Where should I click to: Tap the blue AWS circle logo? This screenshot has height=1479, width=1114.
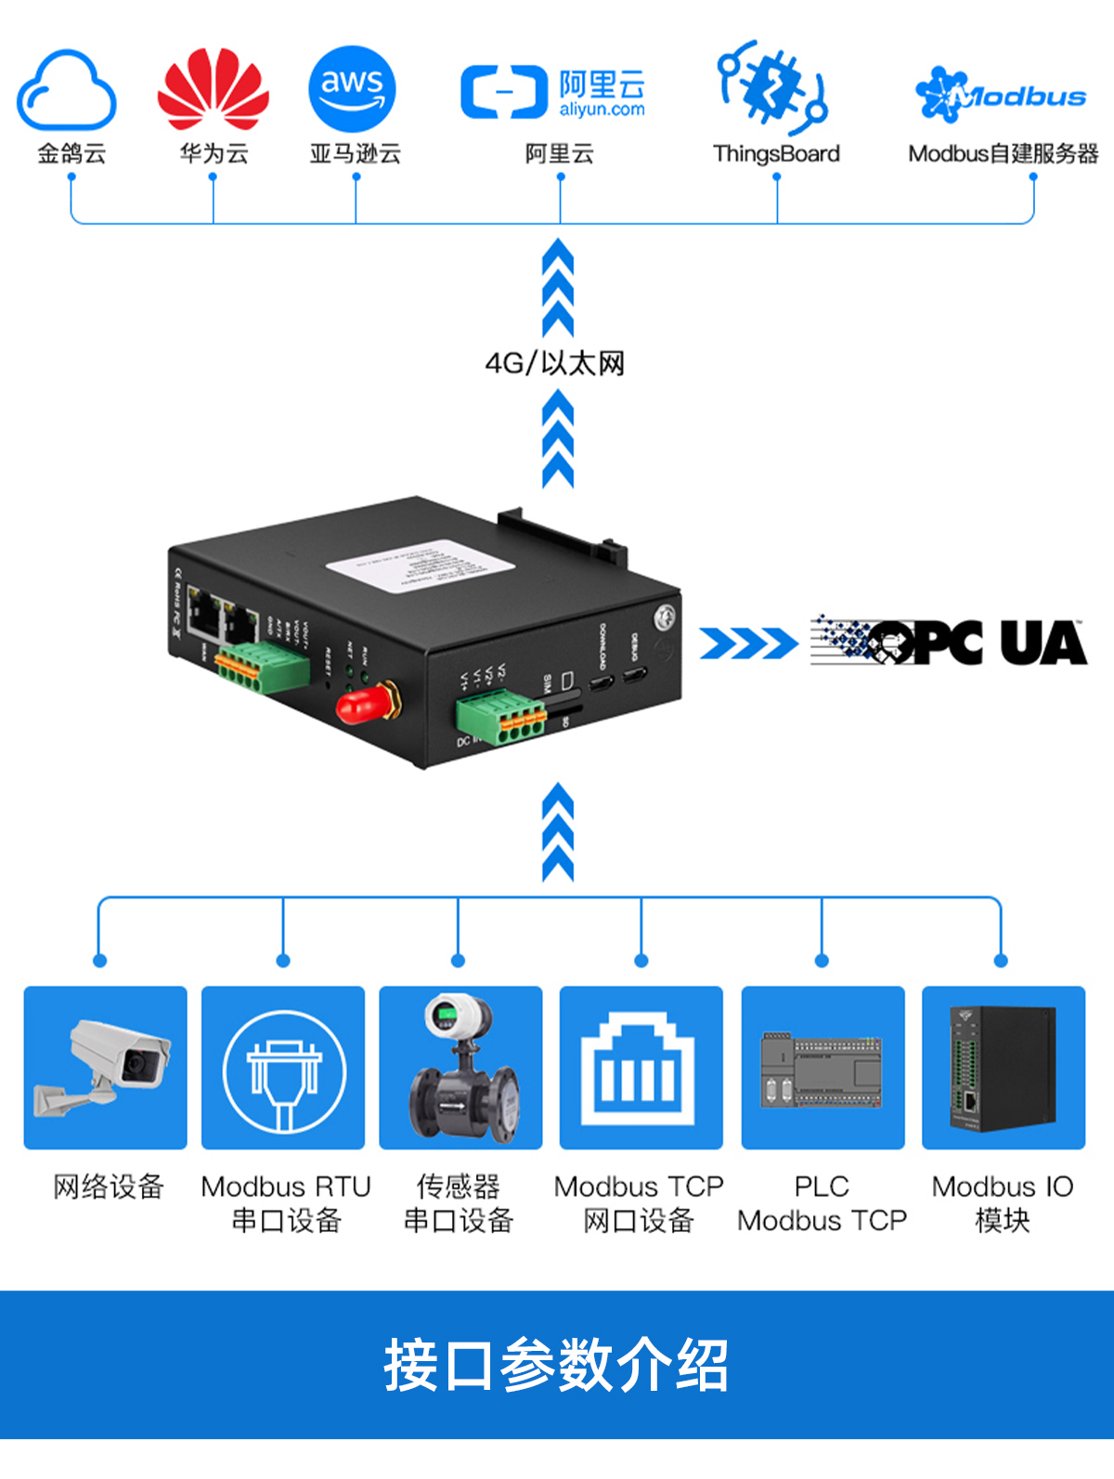[353, 89]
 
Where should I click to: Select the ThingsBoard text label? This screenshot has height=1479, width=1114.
[776, 154]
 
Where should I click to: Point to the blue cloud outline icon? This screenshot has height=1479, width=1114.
[67, 91]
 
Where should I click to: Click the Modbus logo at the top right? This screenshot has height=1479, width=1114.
[1000, 95]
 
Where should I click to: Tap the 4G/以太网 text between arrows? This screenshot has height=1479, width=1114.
[555, 363]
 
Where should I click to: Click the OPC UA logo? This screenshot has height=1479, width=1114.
[948, 642]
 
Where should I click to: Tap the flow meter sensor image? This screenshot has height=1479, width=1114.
[461, 1068]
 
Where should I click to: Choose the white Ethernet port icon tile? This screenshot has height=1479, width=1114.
[641, 1068]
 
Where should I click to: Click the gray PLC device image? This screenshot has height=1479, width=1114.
[823, 1070]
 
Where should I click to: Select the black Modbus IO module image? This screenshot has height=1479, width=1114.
[1003, 1068]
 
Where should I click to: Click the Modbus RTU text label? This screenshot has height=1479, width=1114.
[286, 1187]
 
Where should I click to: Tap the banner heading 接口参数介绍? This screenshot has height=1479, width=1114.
[556, 1365]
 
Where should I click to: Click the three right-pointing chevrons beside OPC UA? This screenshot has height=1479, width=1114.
[747, 642]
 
